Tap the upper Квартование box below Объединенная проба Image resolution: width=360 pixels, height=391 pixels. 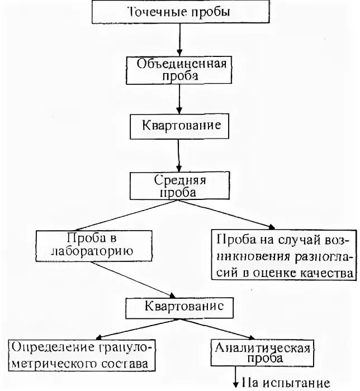pyautogui.click(x=179, y=126)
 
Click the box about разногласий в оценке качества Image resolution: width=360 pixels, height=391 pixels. pyautogui.click(x=284, y=256)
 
